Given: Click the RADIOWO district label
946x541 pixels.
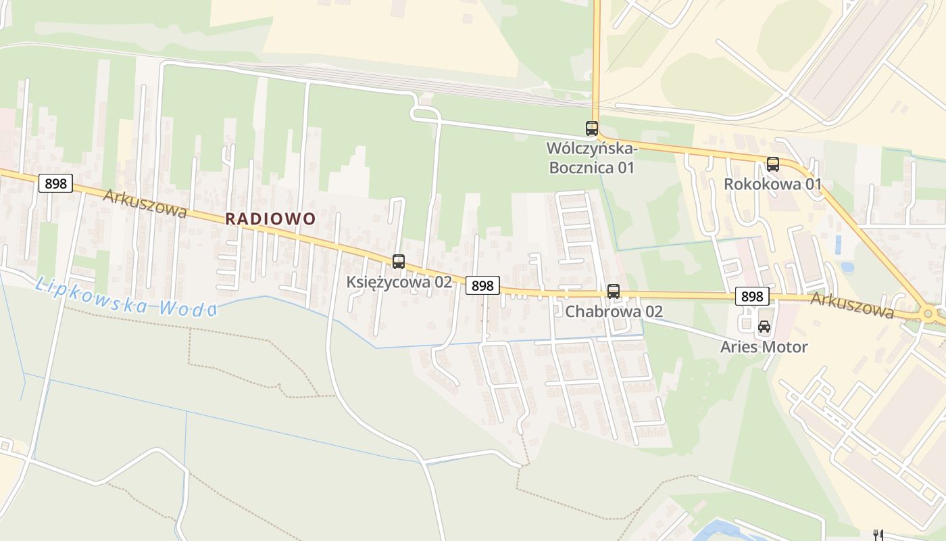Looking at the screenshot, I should (x=270, y=218).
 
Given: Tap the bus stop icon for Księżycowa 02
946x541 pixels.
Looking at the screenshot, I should (x=399, y=261).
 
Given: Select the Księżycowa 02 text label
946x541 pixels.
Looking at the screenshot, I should (x=399, y=282).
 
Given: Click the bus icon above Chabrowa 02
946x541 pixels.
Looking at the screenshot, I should (x=613, y=291).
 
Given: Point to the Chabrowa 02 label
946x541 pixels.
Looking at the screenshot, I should (x=614, y=311).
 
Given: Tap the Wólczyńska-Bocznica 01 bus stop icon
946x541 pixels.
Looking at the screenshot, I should (x=591, y=128).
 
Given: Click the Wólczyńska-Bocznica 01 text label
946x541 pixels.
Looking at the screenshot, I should (x=591, y=158).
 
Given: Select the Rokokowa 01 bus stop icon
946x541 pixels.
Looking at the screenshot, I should (x=772, y=164).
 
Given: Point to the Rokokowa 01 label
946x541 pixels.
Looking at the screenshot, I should (x=772, y=184).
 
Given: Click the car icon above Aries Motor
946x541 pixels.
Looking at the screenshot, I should (x=764, y=327).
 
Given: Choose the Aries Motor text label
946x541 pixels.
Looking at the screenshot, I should (x=764, y=347).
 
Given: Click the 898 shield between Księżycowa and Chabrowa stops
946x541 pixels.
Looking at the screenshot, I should (x=482, y=285).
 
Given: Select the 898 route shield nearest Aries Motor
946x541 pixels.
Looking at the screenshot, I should (x=751, y=296).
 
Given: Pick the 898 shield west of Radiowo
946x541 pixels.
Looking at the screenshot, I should (x=55, y=183).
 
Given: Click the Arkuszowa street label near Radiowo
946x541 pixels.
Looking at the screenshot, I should (x=145, y=203).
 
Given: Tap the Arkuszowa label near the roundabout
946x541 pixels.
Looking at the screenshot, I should (x=852, y=305).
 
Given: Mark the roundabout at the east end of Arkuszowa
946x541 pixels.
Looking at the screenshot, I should (x=928, y=314).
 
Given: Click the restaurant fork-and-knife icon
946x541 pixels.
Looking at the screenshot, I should (x=878, y=535).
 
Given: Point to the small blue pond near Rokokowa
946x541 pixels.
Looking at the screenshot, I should (x=847, y=266).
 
